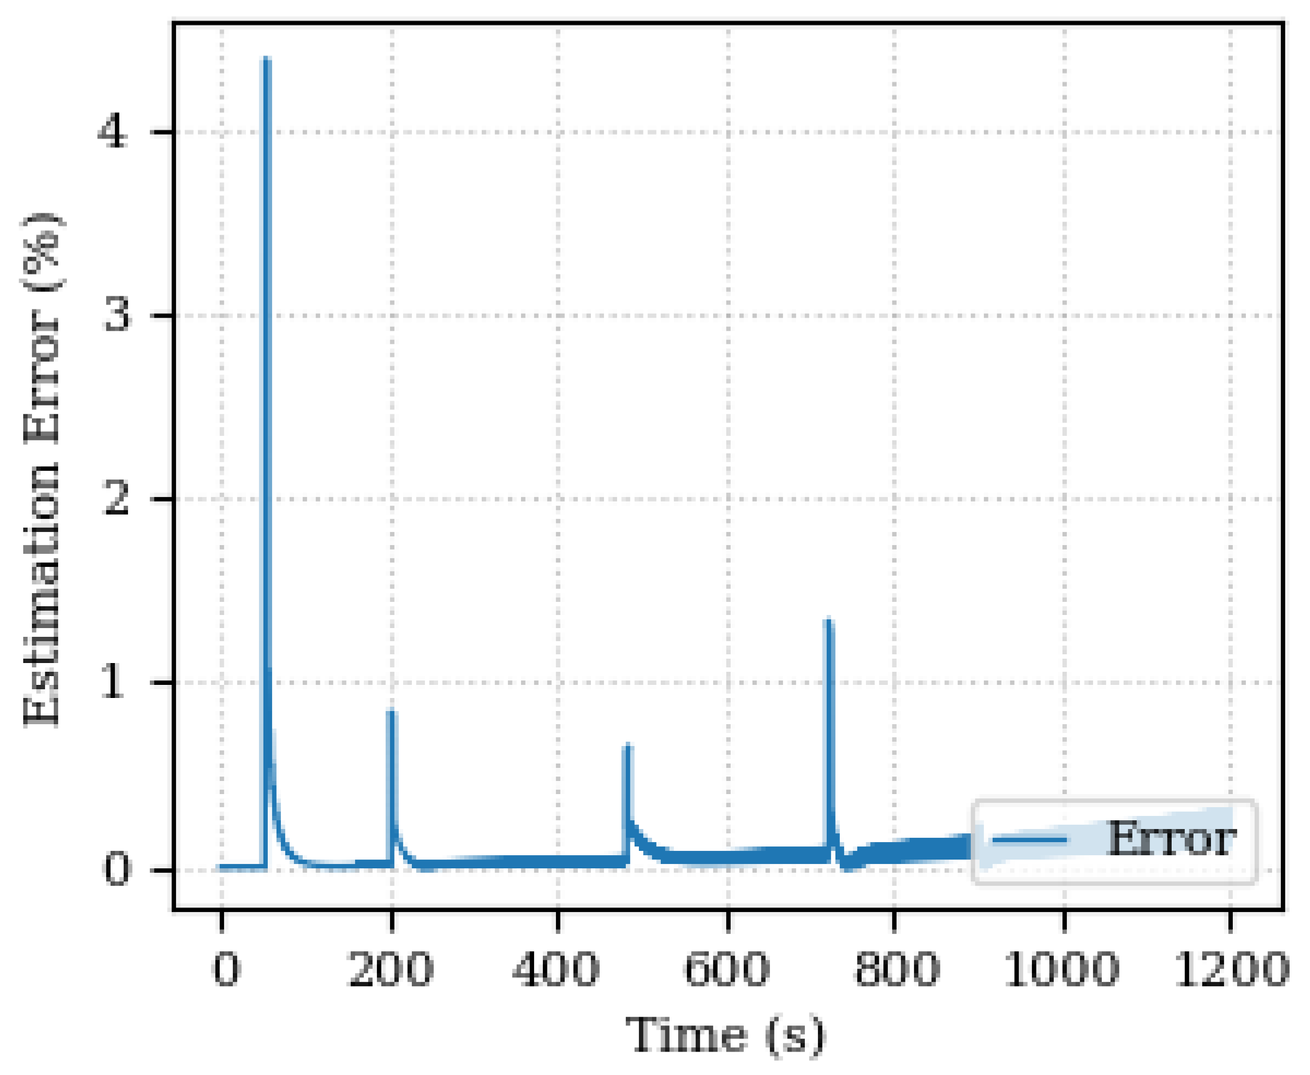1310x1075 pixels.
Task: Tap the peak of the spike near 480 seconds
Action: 627,745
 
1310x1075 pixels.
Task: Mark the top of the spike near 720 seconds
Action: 828,620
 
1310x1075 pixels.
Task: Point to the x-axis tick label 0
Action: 225,969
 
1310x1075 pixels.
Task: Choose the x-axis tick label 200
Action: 392,969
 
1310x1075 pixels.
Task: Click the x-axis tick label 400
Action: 556,969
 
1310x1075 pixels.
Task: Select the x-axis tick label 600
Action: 726,969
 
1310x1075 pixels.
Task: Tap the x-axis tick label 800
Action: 896,969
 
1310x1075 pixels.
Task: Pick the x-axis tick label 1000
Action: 1062,969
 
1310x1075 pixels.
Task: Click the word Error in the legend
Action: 1171,839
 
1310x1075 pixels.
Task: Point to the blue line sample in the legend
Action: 1030,840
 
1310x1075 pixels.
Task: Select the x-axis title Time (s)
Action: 726,1034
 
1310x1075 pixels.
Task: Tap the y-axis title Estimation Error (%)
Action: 42,469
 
